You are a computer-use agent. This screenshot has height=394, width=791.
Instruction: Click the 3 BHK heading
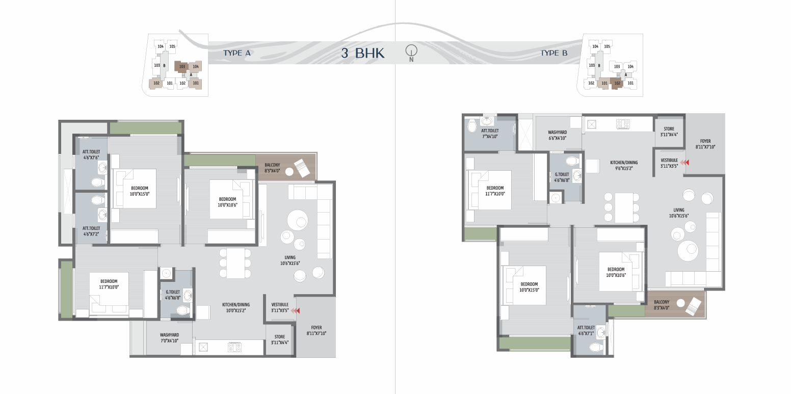363,53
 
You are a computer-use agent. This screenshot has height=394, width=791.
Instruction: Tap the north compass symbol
411,53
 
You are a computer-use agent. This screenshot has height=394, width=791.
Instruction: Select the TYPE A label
237,53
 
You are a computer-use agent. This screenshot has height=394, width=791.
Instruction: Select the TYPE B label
554,53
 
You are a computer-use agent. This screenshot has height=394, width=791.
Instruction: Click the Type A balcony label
272,168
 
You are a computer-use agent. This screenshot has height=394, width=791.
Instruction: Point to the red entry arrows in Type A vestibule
296,311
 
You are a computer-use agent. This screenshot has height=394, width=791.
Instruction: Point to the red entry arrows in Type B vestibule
684,163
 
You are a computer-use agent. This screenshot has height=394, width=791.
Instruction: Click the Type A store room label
280,339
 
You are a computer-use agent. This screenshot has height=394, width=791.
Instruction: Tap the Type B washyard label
558,135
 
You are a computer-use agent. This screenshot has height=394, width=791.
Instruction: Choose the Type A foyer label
317,330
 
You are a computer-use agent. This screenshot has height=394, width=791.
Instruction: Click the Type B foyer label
705,144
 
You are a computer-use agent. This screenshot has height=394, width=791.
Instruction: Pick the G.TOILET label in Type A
173,295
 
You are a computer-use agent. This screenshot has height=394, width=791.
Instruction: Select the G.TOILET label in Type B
562,177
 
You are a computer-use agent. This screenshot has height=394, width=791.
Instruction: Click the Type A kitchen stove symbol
235,348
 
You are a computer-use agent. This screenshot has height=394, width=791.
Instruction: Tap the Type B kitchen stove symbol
623,124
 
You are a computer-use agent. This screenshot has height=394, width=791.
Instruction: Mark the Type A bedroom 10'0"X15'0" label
140,191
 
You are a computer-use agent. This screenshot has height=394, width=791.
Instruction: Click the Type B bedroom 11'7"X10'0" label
495,191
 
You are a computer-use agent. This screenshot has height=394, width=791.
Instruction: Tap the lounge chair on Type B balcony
693,306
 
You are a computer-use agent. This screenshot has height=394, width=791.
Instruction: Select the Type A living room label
290,260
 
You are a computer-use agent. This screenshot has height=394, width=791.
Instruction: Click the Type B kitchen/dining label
624,165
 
